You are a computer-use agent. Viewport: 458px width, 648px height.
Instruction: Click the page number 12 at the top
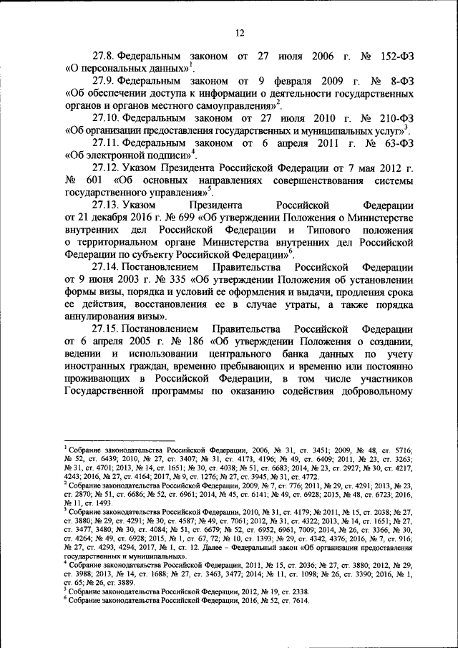pos(240,32)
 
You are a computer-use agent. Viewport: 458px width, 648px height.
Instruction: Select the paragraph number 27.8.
pos(103,55)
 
